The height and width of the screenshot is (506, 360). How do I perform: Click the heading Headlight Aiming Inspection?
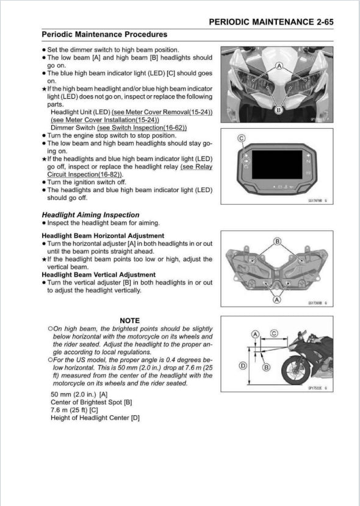coord(90,215)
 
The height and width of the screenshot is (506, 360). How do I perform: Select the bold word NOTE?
coord(129,321)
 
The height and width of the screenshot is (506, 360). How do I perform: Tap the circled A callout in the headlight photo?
coord(279,65)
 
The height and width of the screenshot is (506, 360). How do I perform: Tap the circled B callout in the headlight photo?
coord(279,110)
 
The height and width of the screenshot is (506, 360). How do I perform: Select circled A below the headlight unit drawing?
coord(278,300)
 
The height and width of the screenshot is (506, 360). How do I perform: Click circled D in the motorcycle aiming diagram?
coord(242,366)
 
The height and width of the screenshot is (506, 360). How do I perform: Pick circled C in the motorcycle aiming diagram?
coord(274,333)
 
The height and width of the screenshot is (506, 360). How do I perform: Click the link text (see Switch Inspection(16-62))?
coord(142,128)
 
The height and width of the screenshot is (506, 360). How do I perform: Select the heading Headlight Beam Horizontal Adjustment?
coord(103,236)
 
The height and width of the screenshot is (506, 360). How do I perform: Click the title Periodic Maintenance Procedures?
coord(104,35)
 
